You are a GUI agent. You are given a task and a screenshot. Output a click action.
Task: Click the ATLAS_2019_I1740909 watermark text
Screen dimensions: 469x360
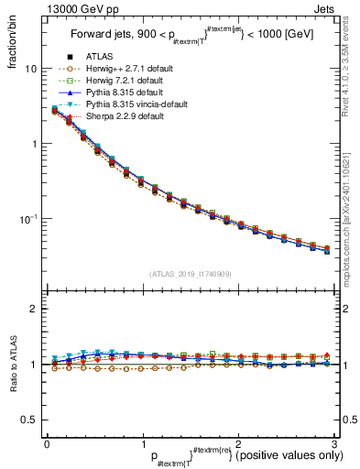[190, 274]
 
